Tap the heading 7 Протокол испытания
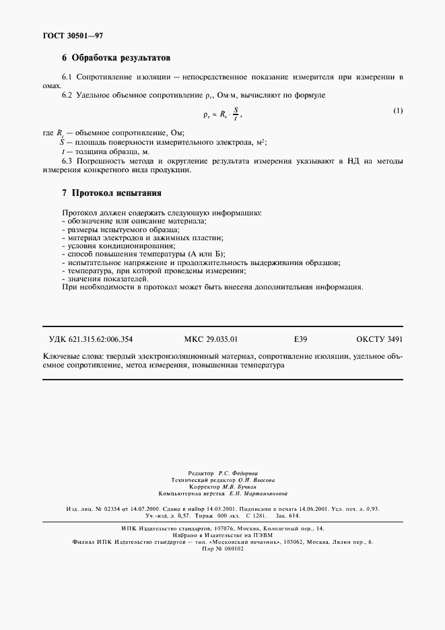click(x=112, y=193)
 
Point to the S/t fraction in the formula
click(x=235, y=114)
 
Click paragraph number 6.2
click(x=68, y=96)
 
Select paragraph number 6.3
click(x=68, y=161)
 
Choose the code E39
click(x=301, y=339)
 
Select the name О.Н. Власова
click(x=252, y=481)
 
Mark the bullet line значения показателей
click(x=104, y=279)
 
